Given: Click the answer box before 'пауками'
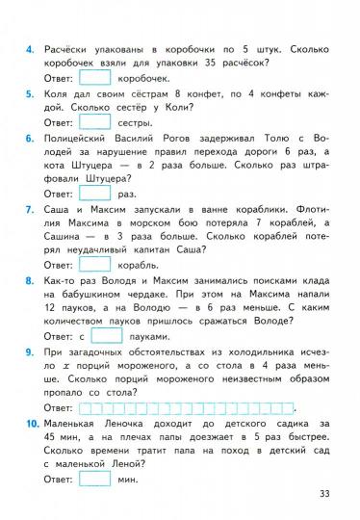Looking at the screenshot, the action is tap(107, 336).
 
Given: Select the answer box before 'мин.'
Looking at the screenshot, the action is tap(94, 479).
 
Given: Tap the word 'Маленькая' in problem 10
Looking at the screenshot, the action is tap(77, 423).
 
